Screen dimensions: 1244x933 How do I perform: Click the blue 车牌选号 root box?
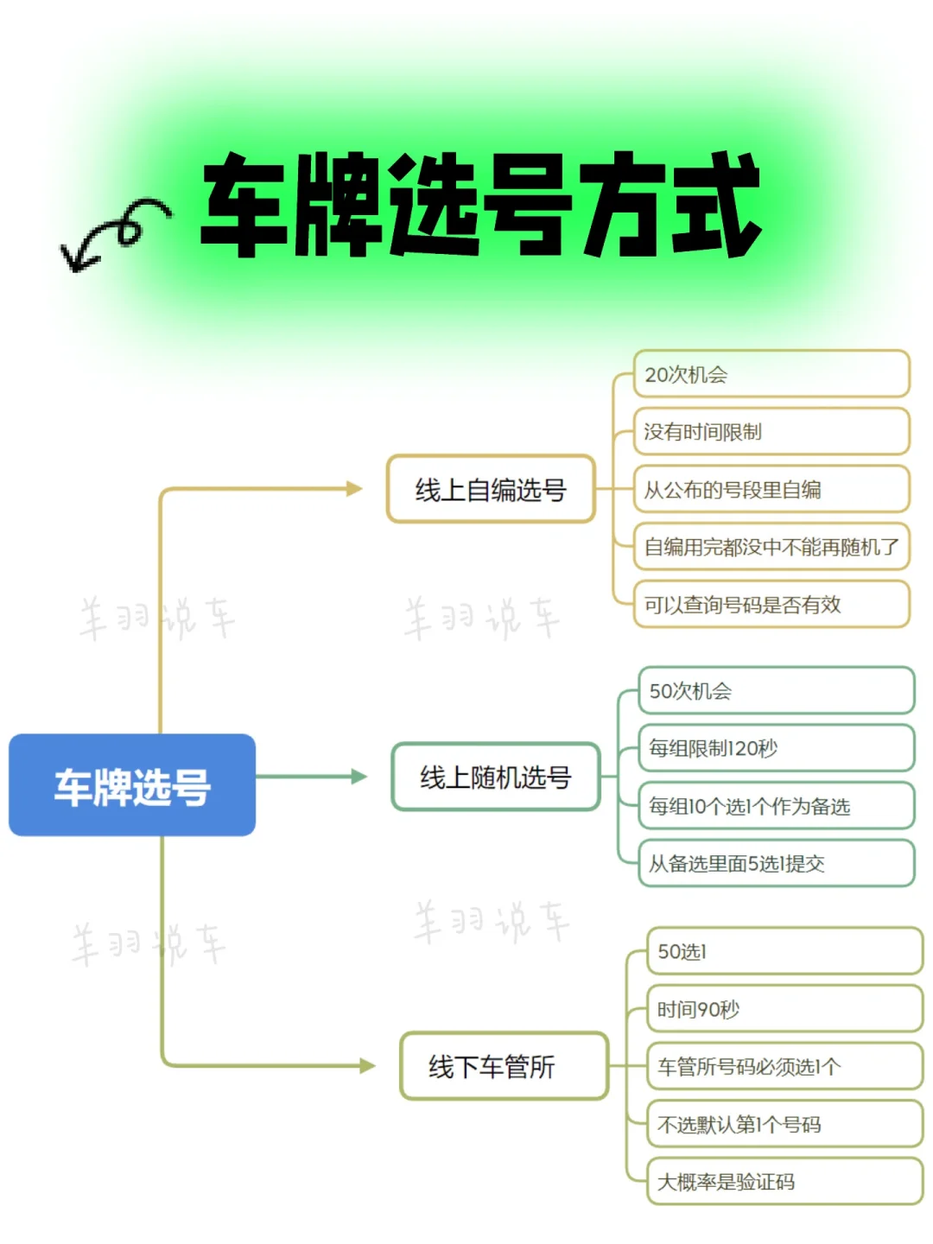coord(132,784)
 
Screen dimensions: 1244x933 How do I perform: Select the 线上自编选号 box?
coord(491,489)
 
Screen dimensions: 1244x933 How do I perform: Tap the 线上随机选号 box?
coord(496,777)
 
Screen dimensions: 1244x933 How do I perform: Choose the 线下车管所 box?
coord(504,1065)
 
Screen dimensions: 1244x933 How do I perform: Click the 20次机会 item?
coord(771,374)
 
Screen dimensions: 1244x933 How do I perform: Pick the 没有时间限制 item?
coord(771,431)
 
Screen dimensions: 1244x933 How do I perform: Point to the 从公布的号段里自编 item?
coord(771,489)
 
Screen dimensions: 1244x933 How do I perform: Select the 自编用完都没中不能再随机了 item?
coord(771,546)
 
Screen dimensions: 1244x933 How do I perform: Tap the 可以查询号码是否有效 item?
coord(771,604)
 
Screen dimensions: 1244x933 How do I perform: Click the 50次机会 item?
coord(776,690)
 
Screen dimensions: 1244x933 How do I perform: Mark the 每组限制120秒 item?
coord(776,748)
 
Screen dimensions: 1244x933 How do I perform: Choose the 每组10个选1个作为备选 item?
coord(776,806)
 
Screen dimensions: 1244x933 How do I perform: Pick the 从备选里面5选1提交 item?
coord(776,863)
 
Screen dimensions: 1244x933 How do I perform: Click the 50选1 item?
coord(784,951)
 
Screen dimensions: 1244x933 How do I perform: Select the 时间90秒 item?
coord(784,1009)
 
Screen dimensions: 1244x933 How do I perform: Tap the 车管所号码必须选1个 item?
coord(784,1066)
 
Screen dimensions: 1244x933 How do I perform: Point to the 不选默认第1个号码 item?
coord(784,1124)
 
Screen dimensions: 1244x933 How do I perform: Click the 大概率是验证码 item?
coord(784,1181)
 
